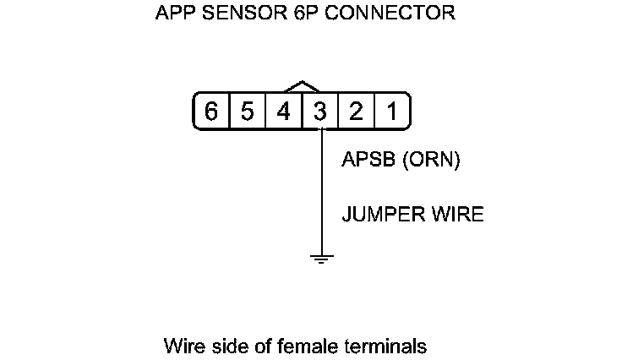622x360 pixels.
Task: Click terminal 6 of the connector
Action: tap(211, 112)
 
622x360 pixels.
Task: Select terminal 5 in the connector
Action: tap(248, 112)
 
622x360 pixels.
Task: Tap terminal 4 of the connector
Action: tap(284, 112)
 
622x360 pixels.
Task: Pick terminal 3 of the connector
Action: tap(320, 112)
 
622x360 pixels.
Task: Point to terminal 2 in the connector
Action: tap(357, 112)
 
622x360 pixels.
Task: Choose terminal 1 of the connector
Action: tap(392, 112)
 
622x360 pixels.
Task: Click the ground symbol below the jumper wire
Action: tap(321, 258)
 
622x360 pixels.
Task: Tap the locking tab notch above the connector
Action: tap(303, 86)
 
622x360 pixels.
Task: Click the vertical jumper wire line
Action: tap(321, 194)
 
